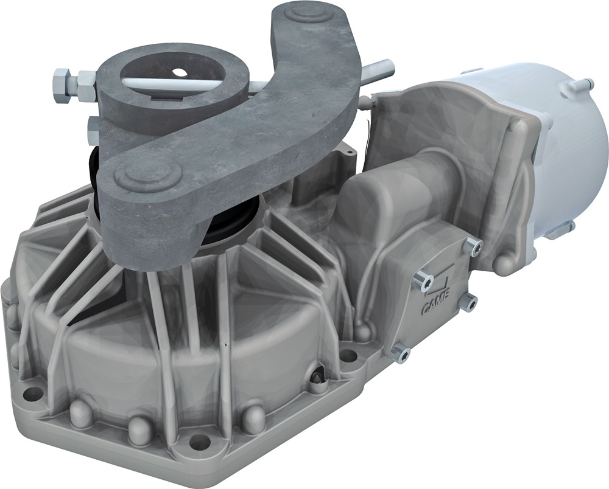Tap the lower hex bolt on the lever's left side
coord(95,126)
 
